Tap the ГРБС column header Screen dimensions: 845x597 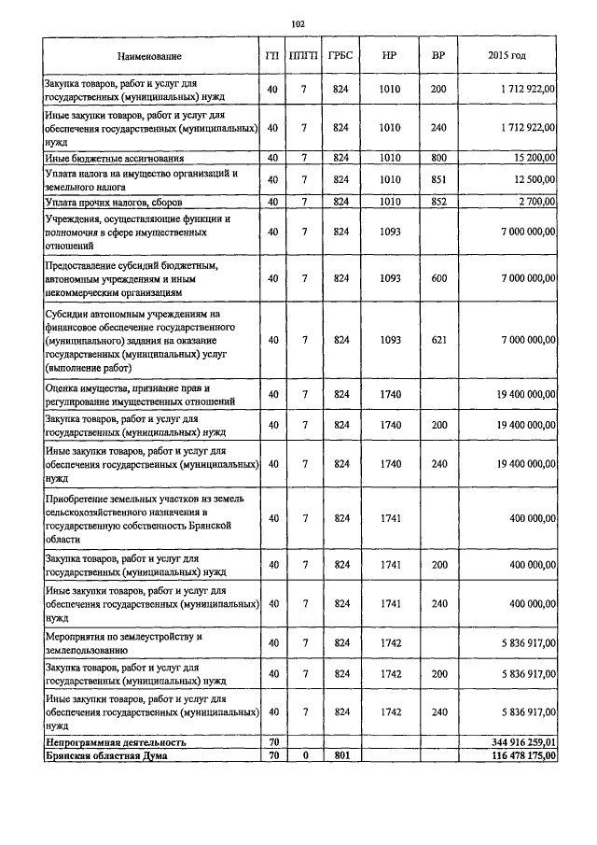pos(340,57)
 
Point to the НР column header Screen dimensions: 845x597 pos(390,57)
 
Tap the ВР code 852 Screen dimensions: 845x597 pos(438,202)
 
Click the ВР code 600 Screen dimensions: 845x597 pos(438,278)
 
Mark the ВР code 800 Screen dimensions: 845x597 pos(438,158)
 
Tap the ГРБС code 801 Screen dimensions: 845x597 pos(340,755)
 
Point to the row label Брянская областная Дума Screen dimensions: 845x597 pos(106,755)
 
